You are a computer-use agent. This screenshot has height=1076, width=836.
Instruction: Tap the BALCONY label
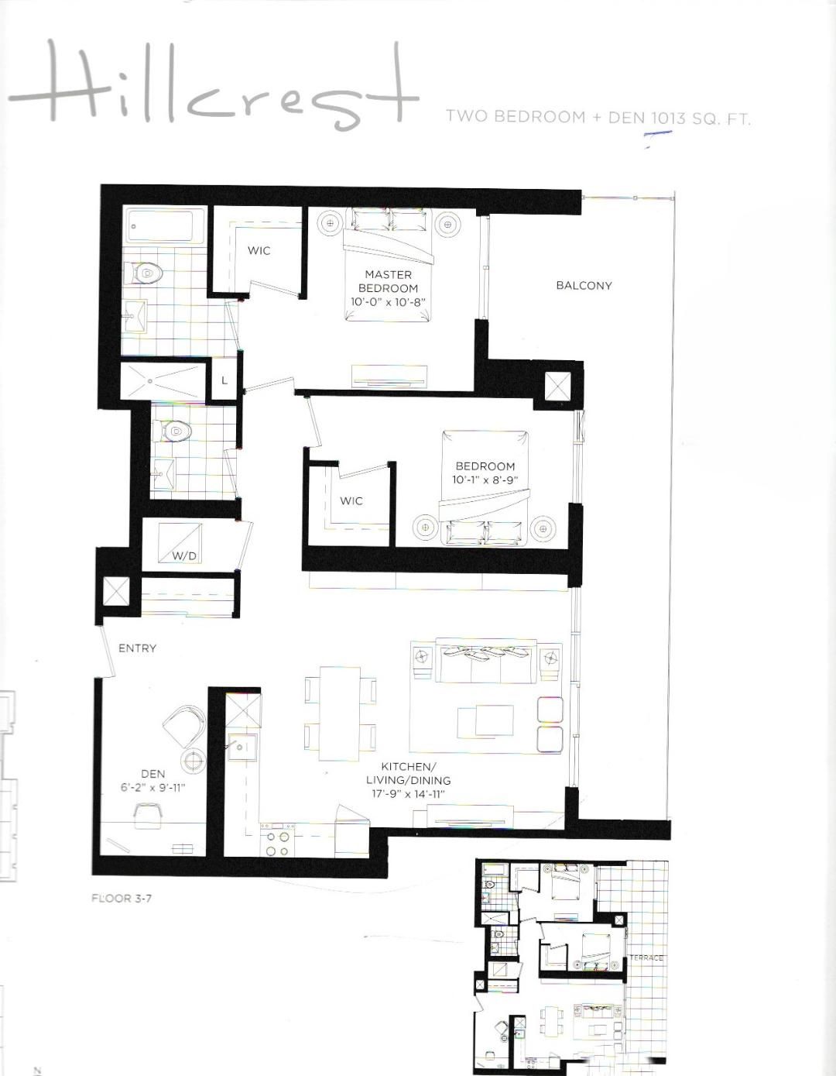pos(584,286)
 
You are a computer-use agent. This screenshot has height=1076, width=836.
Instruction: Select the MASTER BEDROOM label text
pos(389,281)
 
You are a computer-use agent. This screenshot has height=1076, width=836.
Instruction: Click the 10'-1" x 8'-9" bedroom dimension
pos(485,480)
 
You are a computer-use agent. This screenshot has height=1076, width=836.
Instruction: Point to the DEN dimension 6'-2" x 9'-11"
pos(152,787)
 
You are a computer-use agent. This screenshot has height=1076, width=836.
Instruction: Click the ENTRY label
pos(138,648)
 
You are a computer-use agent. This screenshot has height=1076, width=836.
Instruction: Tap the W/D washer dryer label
pos(184,556)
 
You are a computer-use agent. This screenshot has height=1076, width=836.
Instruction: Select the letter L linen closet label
pos(224,381)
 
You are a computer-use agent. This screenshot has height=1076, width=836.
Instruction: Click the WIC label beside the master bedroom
pos(259,250)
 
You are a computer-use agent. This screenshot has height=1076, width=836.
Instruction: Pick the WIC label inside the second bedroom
pos(351,501)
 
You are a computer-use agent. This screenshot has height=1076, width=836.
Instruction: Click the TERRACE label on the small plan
pos(646,957)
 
